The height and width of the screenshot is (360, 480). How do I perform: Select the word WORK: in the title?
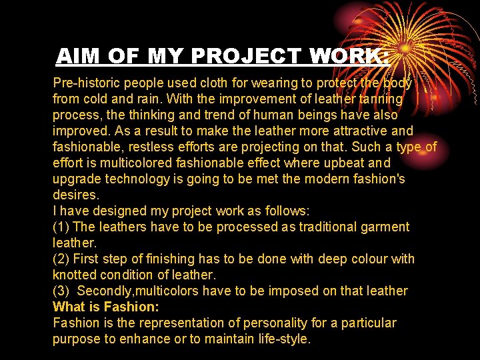pos(349,56)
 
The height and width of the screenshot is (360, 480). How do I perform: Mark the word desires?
pos(75,195)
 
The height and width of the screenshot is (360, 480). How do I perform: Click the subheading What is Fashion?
pos(106,307)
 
